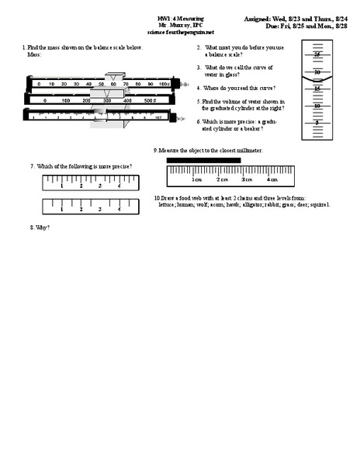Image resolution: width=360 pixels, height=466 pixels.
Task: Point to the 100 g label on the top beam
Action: [164, 84]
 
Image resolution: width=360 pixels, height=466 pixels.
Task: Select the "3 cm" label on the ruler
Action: [247, 179]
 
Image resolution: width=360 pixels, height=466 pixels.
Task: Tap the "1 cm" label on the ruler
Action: [196, 179]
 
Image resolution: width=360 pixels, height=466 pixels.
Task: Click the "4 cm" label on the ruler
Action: [272, 179]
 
